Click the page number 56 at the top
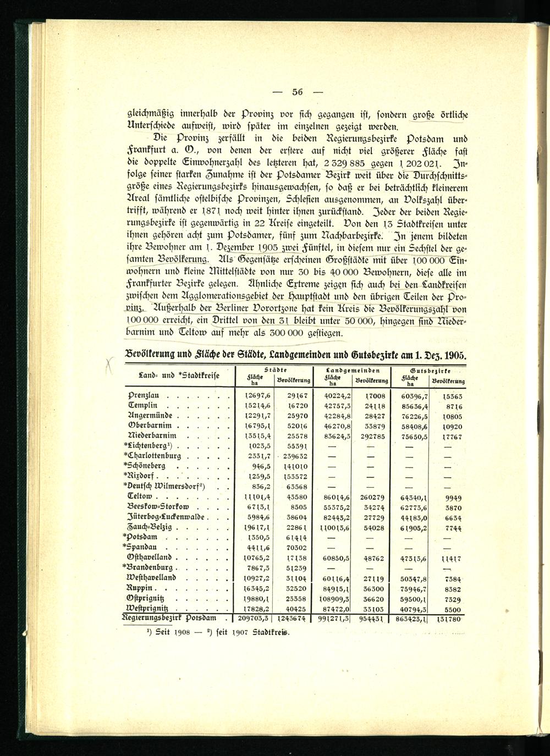[x=298, y=92]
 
